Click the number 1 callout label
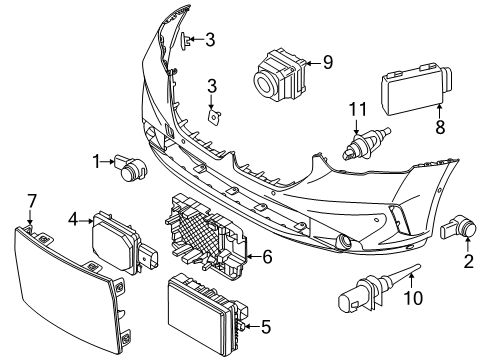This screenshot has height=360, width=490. [x=97, y=160]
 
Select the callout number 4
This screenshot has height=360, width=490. [x=73, y=217]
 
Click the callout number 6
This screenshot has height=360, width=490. [x=267, y=257]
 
